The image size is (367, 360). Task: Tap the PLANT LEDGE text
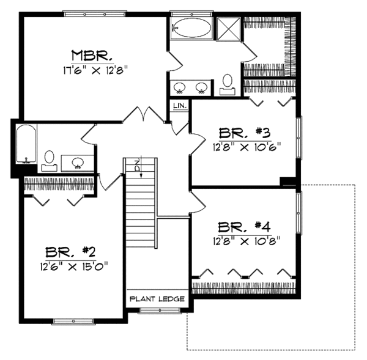157,299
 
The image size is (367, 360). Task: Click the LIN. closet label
179,106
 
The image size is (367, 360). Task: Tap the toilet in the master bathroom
228,83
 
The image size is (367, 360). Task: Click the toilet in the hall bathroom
50,161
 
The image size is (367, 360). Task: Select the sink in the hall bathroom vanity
78,163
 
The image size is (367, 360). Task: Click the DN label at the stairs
138,164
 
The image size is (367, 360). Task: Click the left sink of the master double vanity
180,87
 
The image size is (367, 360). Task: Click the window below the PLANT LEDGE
157,311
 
